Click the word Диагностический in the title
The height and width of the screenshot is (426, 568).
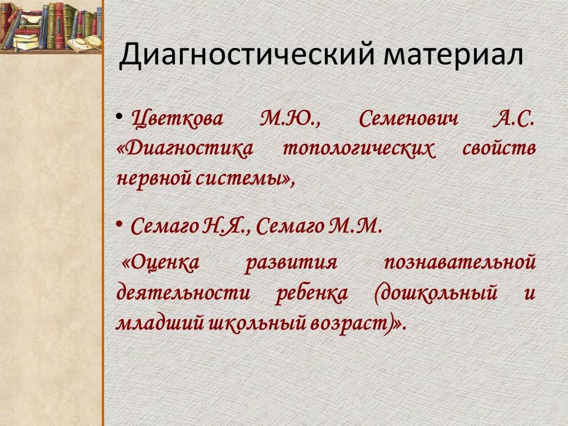point(246,55)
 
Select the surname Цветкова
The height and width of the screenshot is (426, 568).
point(177,119)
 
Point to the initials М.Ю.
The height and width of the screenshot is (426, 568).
point(290,119)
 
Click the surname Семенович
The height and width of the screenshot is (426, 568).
point(409,119)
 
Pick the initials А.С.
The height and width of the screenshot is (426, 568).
point(514,119)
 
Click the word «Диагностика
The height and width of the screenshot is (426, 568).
point(185,149)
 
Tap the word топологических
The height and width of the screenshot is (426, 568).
point(359,149)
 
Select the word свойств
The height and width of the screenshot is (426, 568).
point(499,149)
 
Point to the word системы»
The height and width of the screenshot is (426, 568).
point(245,179)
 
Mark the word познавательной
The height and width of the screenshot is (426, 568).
point(460,262)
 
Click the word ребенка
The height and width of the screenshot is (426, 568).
point(312,293)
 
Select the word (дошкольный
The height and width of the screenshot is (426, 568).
point(435,293)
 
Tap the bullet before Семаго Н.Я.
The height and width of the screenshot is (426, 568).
point(120,224)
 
